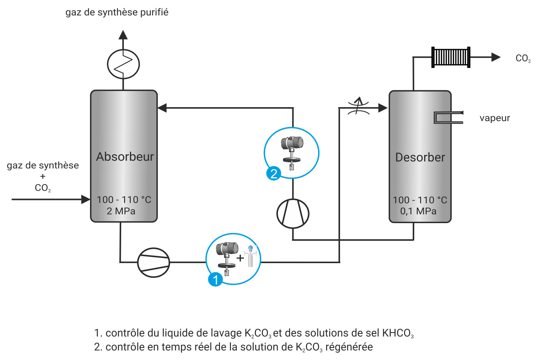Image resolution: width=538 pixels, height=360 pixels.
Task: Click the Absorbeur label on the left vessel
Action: coord(125,157)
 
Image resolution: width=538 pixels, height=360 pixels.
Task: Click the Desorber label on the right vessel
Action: coord(420,157)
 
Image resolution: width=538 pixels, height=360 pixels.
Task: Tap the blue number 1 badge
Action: coord(215,279)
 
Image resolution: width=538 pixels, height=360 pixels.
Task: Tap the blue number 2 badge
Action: coord(274,173)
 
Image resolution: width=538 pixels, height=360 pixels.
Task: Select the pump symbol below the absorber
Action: coord(154,262)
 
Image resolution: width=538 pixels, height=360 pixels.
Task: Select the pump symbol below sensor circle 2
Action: coord(293,214)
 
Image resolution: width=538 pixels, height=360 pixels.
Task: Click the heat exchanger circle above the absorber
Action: coord(123,64)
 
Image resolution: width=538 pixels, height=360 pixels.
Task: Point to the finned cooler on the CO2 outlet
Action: coord(451,57)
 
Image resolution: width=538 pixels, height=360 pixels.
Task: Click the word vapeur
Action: coord(494,118)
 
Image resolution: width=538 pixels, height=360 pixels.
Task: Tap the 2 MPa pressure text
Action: coord(121,211)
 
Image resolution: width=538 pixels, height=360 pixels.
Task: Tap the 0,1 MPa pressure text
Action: coord(418,211)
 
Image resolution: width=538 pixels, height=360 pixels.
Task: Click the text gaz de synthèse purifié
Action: coord(117,12)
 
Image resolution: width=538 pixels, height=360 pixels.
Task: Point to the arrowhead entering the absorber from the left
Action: coord(86,199)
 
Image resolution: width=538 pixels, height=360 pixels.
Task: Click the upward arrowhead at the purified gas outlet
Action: coord(123,35)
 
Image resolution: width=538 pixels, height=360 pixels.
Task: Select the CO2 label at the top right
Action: coord(523,58)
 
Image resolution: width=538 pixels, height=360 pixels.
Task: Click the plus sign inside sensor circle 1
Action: coord(240,258)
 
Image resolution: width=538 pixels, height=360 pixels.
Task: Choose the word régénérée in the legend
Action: coord(349,347)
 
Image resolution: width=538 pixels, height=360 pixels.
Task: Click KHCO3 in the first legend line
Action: coord(398,333)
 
